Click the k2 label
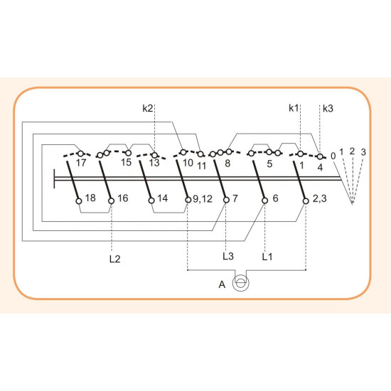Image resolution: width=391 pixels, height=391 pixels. [147, 109]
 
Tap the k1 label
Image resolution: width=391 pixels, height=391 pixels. [294, 108]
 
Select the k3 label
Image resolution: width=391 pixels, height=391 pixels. [328, 109]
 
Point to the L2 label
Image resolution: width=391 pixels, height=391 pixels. [114, 259]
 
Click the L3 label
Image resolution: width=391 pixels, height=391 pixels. [228, 256]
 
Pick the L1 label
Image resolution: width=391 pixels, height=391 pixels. [267, 257]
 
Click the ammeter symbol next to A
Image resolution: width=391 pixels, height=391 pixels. [240, 283]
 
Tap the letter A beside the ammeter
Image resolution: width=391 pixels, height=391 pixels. [222, 284]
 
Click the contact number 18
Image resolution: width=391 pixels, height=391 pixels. [90, 198]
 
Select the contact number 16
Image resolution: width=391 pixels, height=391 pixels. [123, 198]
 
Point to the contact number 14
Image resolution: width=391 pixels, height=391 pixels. [162, 198]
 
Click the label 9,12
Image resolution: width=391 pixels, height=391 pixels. [203, 199]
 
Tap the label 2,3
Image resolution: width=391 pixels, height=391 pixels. [319, 199]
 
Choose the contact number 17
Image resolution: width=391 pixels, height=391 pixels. [81, 163]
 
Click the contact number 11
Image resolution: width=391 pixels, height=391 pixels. [202, 166]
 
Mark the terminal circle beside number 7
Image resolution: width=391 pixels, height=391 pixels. [226, 200]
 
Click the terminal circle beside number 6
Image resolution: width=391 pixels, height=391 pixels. [265, 200]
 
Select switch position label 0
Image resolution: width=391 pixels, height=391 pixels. [333, 156]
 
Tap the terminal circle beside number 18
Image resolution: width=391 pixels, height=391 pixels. [79, 201]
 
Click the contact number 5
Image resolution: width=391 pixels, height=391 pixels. [269, 164]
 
